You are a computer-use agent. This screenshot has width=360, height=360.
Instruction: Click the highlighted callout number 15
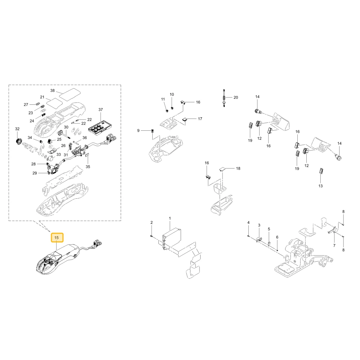coord(57,238)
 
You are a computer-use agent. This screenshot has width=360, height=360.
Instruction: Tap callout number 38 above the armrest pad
coord(53,90)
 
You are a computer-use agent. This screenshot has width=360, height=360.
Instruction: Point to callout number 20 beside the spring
coord(236,98)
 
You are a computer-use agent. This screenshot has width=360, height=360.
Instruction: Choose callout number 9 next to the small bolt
coord(138,131)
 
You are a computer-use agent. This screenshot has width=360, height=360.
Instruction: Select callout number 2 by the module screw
coord(152,222)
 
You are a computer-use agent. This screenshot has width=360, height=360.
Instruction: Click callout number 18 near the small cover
coord(238,168)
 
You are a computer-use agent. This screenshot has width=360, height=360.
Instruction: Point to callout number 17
coord(200,119)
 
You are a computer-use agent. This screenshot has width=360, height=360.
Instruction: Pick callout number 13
coord(320,186)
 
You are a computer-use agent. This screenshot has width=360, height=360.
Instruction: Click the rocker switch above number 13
coord(321,171)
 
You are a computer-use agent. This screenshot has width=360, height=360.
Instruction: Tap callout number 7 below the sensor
coord(334,246)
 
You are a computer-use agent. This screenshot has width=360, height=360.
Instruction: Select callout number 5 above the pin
coord(269,229)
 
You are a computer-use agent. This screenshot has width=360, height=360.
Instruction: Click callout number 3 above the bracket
coord(259,225)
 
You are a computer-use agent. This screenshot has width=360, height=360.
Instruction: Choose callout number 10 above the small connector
coord(172,95)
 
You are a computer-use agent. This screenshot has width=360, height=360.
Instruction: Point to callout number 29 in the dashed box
coord(35,173)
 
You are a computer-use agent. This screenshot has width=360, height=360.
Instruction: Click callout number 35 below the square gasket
coord(88,167)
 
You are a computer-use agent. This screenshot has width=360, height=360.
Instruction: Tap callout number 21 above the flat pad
coord(42,97)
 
